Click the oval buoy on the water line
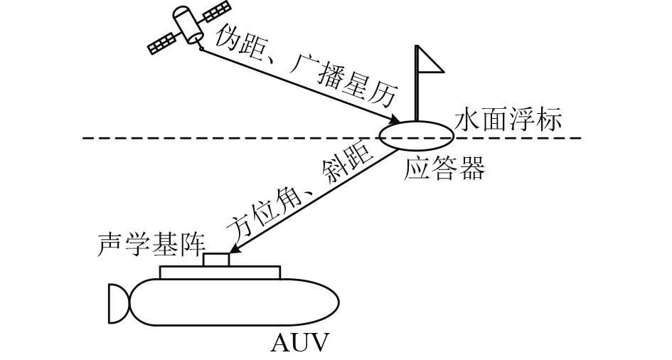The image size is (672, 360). (415, 134)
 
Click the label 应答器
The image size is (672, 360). (445, 169)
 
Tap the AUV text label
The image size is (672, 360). (301, 344)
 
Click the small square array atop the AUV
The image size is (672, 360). (216, 260)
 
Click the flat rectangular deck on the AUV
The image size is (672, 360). (220, 272)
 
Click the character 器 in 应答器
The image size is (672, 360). (472, 169)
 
